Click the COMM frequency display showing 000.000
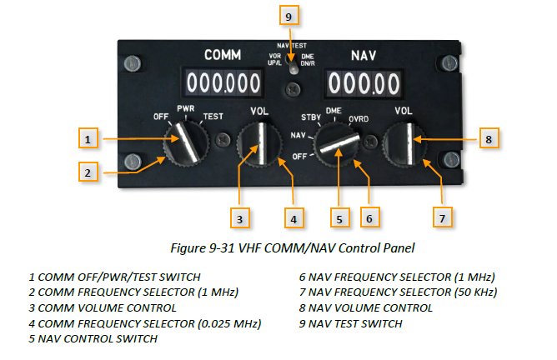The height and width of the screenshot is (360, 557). [222, 84]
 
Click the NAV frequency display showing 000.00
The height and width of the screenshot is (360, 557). [363, 84]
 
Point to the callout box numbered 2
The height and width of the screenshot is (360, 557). [85, 172]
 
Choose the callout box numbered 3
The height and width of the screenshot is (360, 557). [240, 218]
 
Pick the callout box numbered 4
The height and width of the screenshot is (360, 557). [292, 218]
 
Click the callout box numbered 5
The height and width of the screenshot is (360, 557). [338, 218]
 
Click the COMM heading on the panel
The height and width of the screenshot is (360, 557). [222, 56]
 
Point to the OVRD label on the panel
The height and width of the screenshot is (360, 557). [359, 119]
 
